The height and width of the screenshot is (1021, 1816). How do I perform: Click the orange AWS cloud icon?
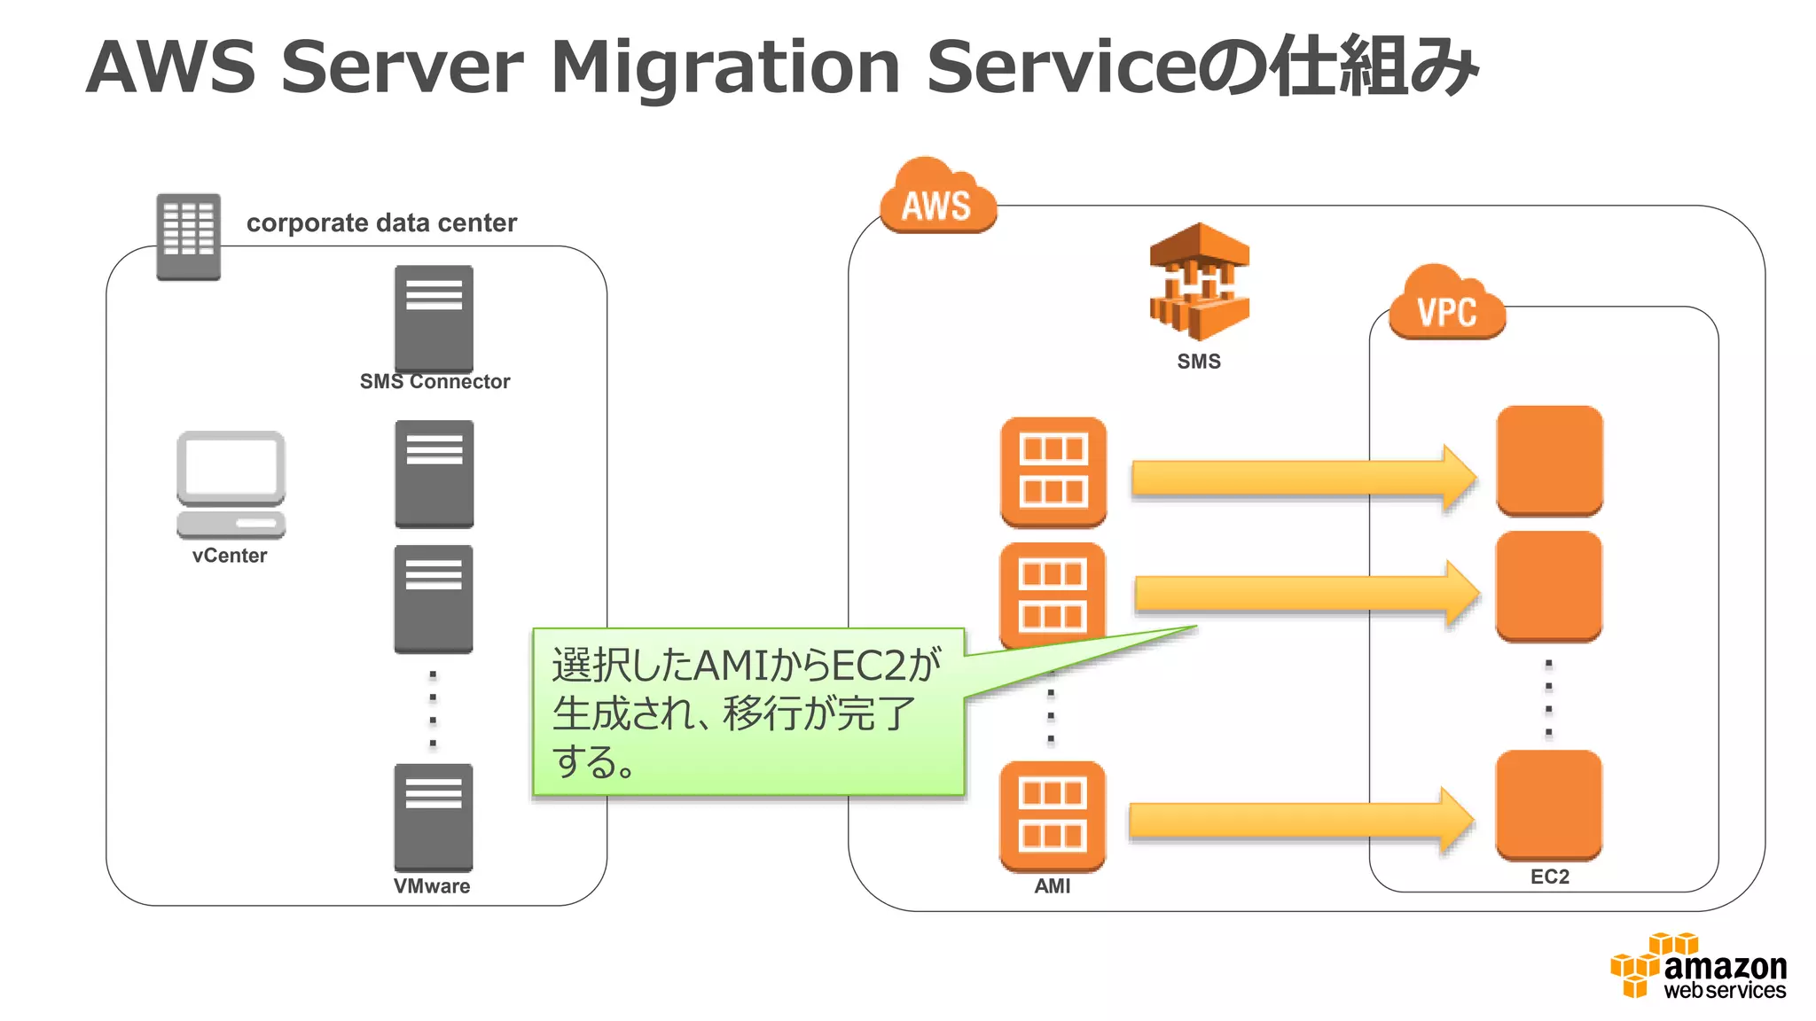pos(937,199)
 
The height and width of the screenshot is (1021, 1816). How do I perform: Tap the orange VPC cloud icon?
pos(1446,305)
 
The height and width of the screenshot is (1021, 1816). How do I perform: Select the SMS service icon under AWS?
pos(1199,282)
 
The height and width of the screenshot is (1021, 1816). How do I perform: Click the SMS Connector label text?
pos(434,382)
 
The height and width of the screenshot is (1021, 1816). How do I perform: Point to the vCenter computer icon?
pos(231,484)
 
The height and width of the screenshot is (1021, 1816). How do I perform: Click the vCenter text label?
pos(230,556)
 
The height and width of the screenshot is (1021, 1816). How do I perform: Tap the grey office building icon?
pos(188,236)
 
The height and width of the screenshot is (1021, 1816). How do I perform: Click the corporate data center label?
pos(381,222)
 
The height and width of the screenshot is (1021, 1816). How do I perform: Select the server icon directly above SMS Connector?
pos(434,317)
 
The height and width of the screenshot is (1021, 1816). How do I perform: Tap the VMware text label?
pos(432,886)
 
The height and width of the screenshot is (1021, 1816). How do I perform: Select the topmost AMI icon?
pos(1053,472)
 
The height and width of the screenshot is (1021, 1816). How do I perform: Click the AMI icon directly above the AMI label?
pos(1052,815)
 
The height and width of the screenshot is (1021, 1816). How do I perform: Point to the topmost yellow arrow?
pos(1303,478)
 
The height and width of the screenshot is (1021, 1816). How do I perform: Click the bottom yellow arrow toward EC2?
pos(1301,820)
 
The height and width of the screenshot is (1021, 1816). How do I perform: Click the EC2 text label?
pos(1549,877)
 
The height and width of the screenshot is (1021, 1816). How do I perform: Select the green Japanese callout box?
pos(747,712)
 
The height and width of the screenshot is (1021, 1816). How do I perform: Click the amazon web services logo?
pos(1699,967)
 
